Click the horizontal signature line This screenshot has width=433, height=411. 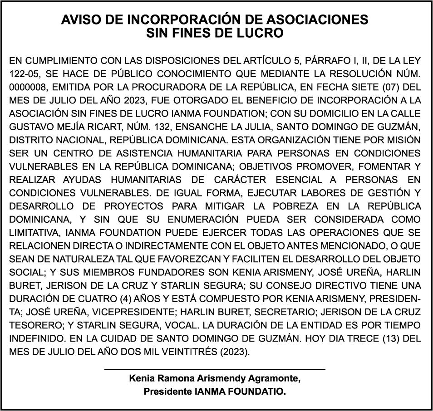215,370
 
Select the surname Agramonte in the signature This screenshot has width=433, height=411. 276,378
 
